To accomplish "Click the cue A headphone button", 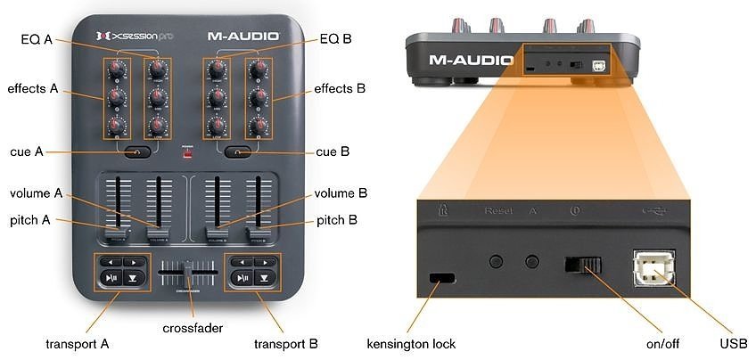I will click(x=136, y=152).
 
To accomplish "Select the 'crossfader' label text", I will click(x=193, y=328).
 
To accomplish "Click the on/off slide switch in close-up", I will click(x=583, y=265).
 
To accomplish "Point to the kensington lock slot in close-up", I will click(x=440, y=278).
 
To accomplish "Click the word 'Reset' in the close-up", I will click(x=499, y=212).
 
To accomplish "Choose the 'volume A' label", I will click(x=37, y=193).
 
